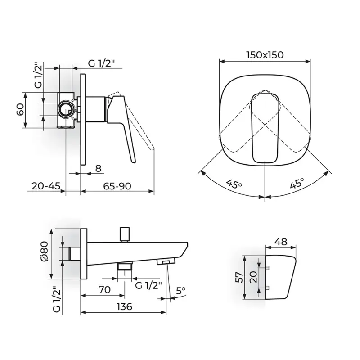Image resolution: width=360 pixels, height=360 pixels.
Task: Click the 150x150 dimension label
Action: pos(265,55)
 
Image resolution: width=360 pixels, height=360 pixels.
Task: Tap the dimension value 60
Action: pos(20,109)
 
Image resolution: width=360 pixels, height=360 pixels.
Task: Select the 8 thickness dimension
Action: pos(98,168)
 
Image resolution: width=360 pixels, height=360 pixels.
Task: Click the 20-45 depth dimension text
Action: pos(46,186)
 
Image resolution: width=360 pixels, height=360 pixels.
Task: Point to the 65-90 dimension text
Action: pos(117,186)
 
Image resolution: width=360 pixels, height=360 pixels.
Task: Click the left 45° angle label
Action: pos(234,184)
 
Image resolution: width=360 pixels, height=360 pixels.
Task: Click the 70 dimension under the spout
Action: pos(104,289)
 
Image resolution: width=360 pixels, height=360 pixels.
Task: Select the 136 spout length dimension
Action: pos(124,306)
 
